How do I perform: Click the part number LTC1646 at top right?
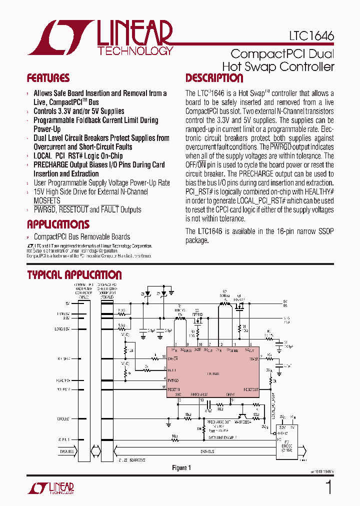[x=311, y=36]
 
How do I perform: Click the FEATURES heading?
[x=48, y=78]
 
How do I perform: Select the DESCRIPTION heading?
[x=214, y=78]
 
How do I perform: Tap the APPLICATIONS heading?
[x=58, y=224]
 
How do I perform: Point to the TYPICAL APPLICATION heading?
[x=74, y=275]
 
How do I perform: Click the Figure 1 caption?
[x=181, y=468]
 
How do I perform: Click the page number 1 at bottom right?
[x=328, y=487]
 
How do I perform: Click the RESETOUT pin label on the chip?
[x=251, y=389]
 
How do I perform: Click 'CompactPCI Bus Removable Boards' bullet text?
[x=81, y=237]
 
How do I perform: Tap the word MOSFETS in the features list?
[x=46, y=200]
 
